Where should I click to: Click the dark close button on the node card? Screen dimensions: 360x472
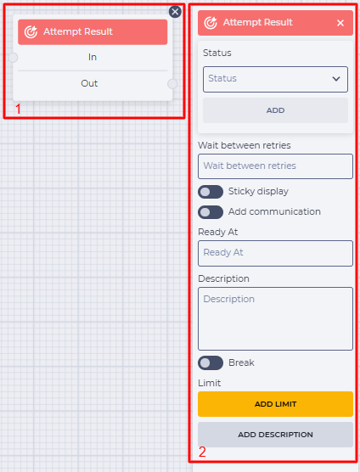(175, 12)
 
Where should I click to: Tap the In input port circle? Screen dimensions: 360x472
(13, 57)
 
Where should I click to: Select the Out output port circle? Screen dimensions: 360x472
(172, 84)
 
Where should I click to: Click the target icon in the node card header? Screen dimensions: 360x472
(31, 32)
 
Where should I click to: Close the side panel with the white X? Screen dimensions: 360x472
(340, 23)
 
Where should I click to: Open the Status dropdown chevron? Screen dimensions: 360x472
(336, 79)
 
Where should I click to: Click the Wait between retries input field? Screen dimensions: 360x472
(275, 166)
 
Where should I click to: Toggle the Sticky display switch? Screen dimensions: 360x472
(211, 192)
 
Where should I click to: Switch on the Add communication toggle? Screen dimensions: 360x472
(211, 212)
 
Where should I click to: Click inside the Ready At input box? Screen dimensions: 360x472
(275, 253)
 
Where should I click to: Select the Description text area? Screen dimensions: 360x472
(275, 318)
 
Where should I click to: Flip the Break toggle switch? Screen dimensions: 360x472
(211, 362)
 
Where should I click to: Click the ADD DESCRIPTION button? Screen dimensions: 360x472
(275, 435)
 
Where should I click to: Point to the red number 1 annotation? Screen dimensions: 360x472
(18, 109)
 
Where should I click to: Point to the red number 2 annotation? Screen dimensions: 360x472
(202, 452)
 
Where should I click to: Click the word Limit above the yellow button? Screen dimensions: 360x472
(209, 383)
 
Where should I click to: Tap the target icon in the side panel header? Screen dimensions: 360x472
(211, 23)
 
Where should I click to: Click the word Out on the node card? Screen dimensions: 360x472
(89, 83)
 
